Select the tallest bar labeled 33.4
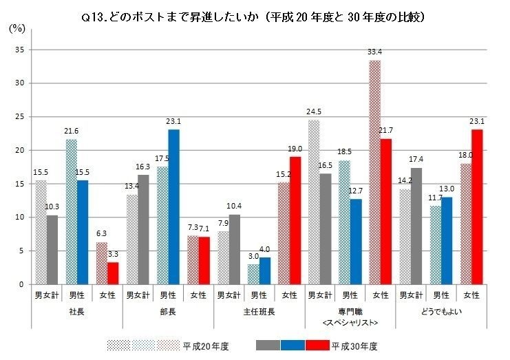375,172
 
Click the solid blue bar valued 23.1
174,207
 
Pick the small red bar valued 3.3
114,273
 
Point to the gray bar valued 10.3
53,249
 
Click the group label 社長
78,310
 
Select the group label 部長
169,310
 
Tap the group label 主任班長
259,310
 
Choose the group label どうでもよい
441,310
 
